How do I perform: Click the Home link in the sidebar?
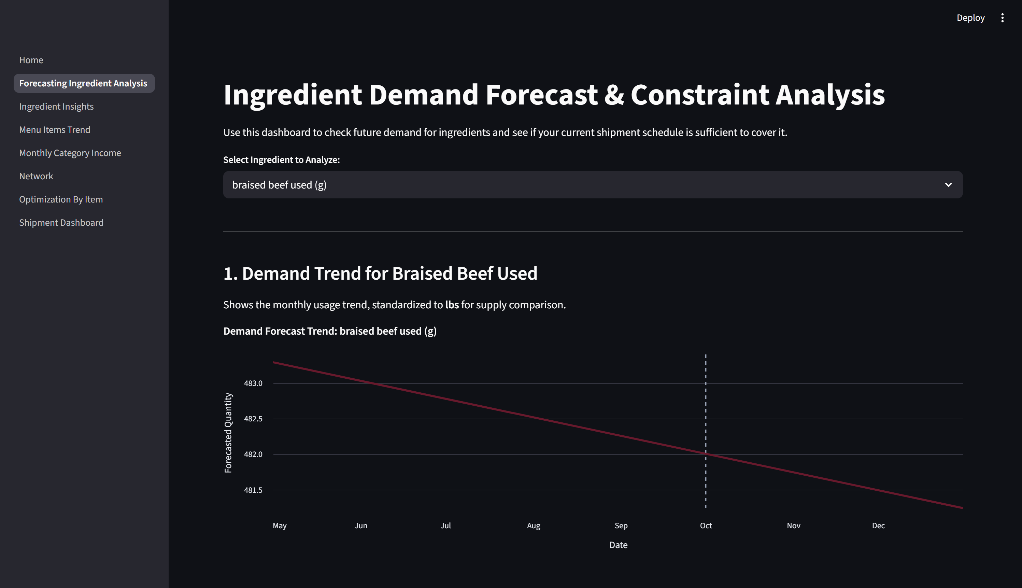coord(31,60)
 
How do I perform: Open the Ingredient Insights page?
coord(56,106)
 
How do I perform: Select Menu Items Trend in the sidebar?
coord(55,130)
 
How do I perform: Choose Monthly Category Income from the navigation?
coord(70,153)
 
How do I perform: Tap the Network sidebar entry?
coord(36,176)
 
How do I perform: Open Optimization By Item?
coord(61,199)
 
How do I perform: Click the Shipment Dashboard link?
coord(61,223)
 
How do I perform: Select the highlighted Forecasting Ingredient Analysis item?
coord(83,83)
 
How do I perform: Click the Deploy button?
coord(970,18)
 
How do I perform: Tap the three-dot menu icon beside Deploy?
coord(1002,18)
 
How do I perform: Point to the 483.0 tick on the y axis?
coord(253,383)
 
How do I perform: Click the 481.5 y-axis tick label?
coord(253,490)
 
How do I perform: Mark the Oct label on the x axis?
coord(706,526)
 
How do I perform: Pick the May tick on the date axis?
coord(279,526)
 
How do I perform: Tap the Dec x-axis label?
coord(878,526)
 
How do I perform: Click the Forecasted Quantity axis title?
coord(228,433)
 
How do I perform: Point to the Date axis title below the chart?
coord(618,545)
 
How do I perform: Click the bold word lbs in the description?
coord(452,305)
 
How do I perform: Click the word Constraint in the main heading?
coord(699,95)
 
